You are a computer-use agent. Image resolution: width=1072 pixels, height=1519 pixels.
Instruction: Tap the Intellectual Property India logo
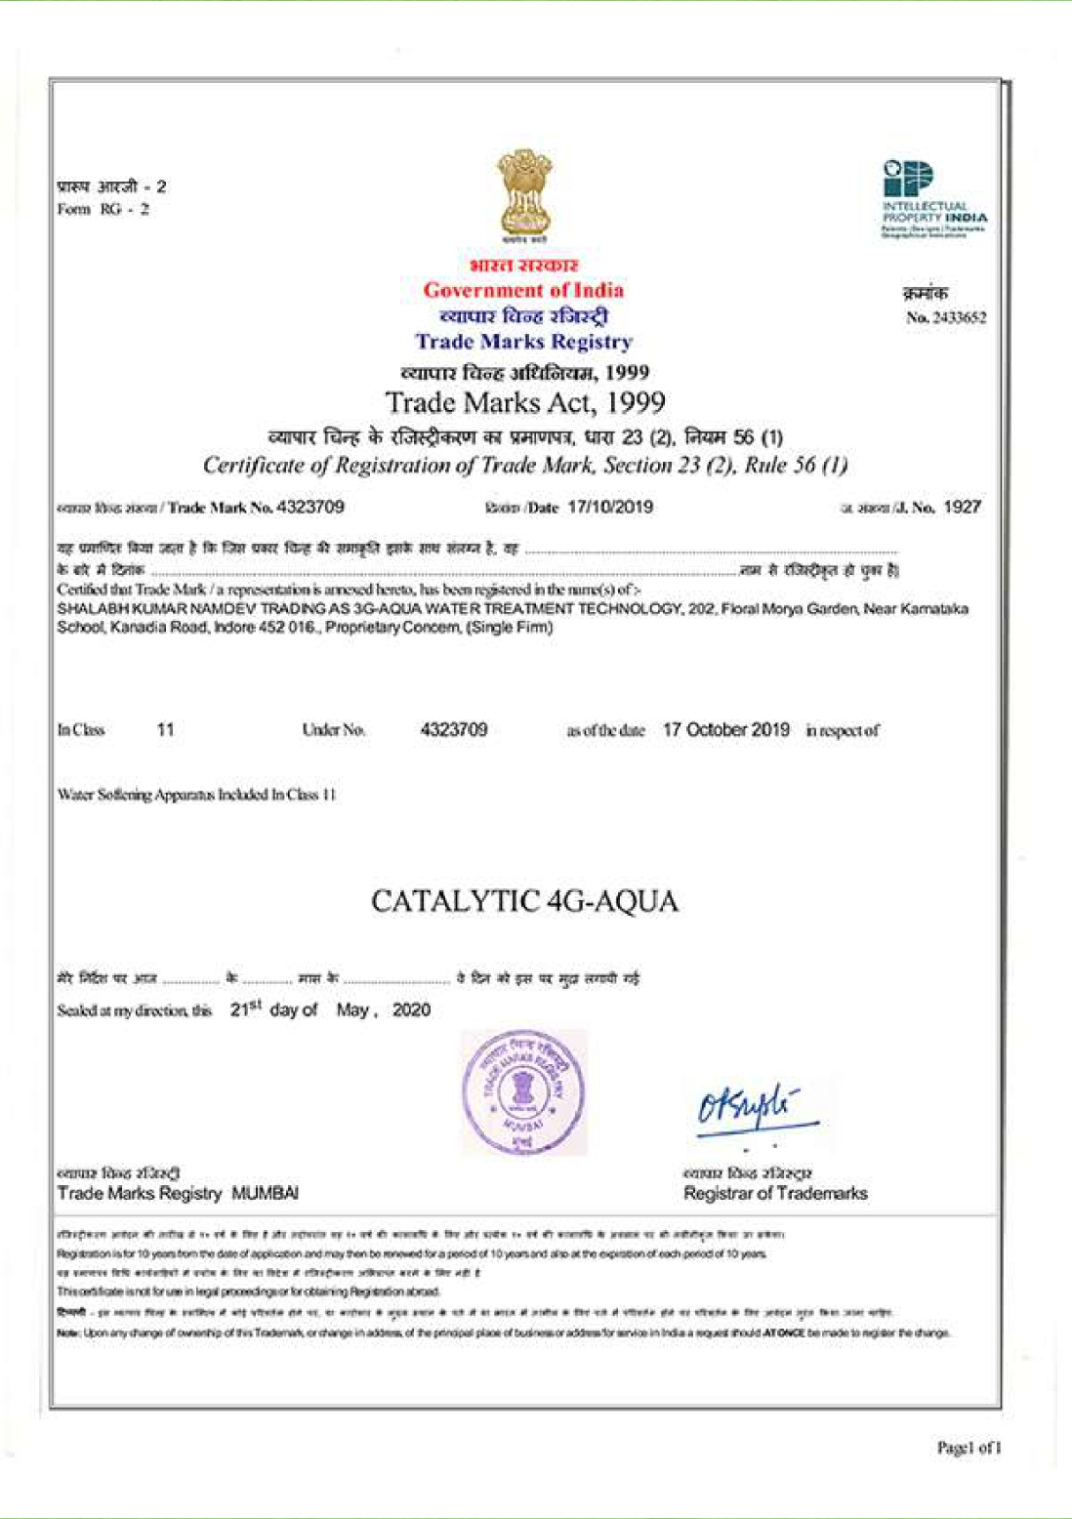click(932, 200)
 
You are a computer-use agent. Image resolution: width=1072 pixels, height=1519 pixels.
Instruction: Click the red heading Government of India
click(523, 290)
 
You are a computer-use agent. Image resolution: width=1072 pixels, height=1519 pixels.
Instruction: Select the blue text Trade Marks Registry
click(523, 342)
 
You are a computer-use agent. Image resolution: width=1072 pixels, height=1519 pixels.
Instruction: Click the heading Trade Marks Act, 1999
click(525, 402)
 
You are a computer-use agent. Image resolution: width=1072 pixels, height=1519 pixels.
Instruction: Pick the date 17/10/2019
click(610, 507)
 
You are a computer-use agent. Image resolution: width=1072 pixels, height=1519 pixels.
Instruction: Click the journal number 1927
click(962, 507)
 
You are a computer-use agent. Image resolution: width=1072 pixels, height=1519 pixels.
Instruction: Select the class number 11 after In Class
click(165, 729)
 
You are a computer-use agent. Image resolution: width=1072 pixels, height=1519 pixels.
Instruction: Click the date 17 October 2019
click(725, 729)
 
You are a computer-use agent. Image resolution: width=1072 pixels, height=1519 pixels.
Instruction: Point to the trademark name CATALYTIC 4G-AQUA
click(524, 900)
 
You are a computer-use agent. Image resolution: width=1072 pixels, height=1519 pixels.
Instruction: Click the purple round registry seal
click(524, 1091)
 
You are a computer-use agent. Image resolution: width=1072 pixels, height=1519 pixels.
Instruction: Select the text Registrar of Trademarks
click(775, 1193)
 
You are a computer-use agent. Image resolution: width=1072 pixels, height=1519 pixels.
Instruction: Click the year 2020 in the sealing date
click(411, 1009)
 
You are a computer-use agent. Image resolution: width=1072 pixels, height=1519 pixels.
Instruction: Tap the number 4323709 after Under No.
click(453, 729)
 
